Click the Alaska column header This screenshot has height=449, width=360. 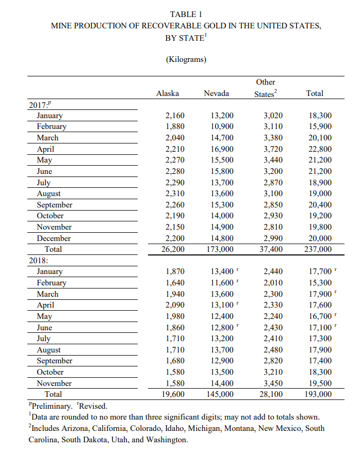[x=168, y=93]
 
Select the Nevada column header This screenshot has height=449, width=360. [x=217, y=93]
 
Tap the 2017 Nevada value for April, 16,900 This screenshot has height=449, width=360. [x=222, y=149]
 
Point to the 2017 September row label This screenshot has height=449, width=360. [x=54, y=205]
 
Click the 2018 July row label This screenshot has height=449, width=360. [x=43, y=339]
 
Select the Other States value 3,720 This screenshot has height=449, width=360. [x=273, y=149]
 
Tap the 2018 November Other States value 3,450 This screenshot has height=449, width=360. [x=273, y=383]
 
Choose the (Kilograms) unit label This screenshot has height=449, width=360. [x=186, y=59]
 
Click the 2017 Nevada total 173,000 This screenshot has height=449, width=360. [x=220, y=249]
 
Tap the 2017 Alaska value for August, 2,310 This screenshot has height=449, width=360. [x=175, y=194]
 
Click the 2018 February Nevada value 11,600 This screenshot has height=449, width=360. [x=222, y=283]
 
